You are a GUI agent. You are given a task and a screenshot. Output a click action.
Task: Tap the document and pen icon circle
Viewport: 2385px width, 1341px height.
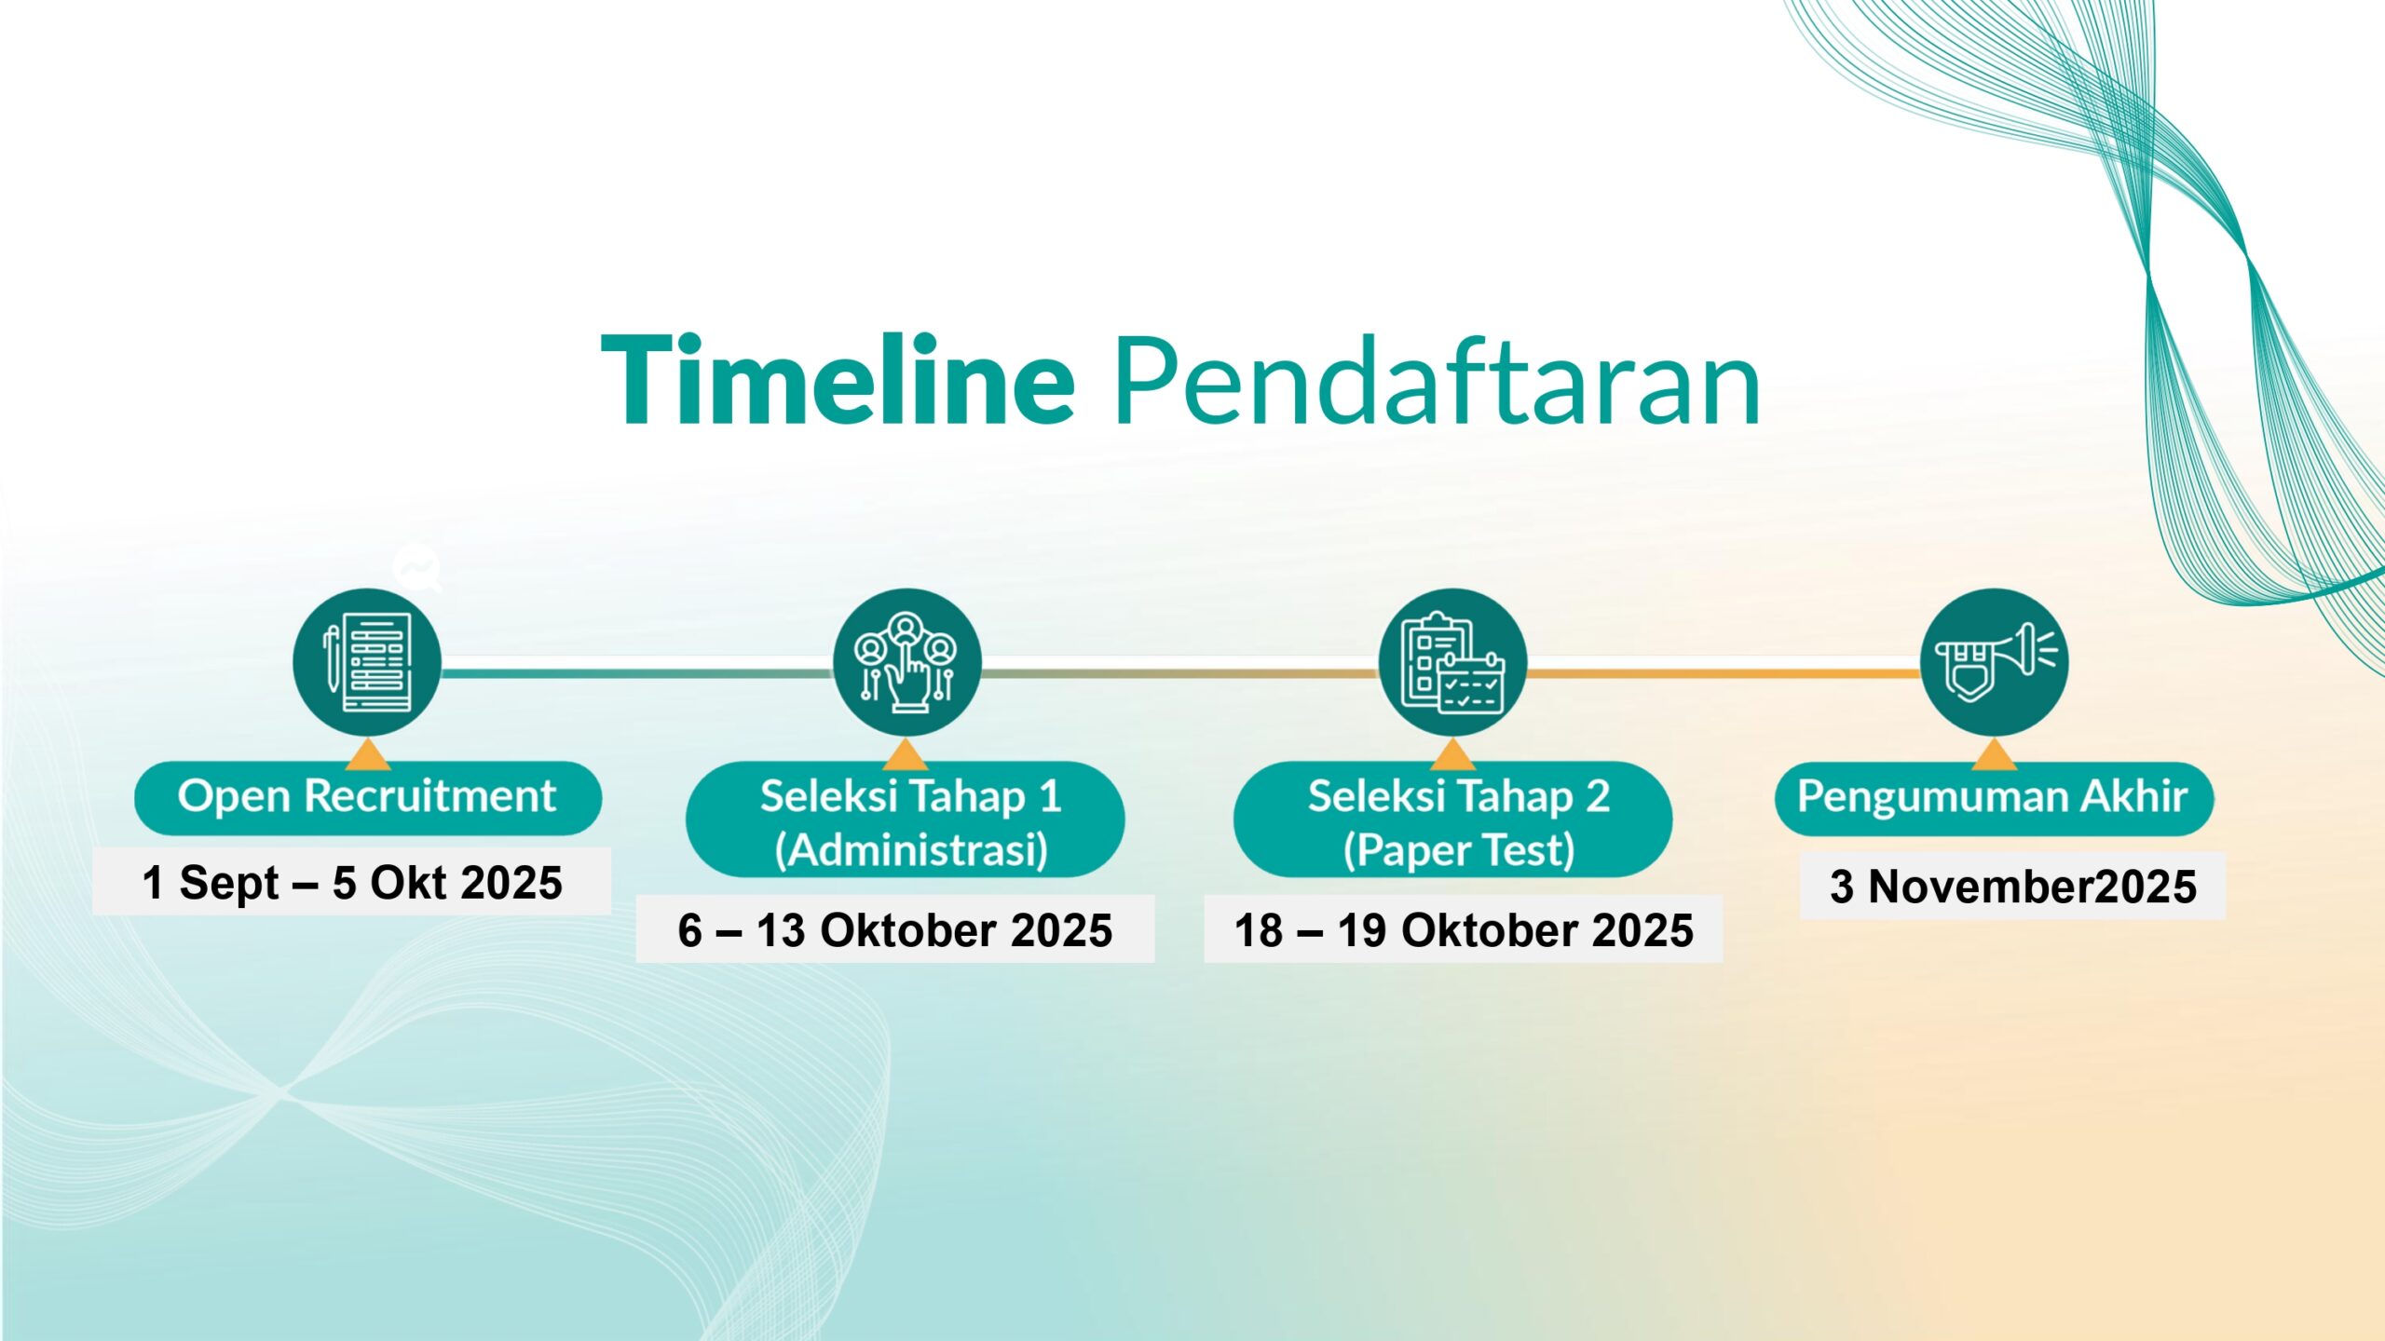pyautogui.click(x=367, y=662)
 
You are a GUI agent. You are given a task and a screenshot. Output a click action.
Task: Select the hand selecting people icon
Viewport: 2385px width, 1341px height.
pyautogui.click(x=906, y=662)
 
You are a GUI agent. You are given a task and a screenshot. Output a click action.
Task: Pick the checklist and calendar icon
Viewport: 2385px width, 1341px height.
pyautogui.click(x=1452, y=662)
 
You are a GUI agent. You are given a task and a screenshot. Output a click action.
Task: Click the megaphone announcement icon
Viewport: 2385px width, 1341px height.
pyautogui.click(x=1995, y=662)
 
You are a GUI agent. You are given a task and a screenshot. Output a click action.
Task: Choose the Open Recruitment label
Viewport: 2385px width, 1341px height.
pyautogui.click(x=368, y=798)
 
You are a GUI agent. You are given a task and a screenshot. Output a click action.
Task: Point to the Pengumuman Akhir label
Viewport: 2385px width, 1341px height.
pyautogui.click(x=1995, y=798)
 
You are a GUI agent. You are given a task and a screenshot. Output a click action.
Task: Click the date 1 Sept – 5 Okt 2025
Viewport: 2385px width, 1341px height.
pyautogui.click(x=352, y=882)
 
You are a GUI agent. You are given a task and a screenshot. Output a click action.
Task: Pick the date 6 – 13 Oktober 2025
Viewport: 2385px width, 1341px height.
pyautogui.click(x=895, y=929)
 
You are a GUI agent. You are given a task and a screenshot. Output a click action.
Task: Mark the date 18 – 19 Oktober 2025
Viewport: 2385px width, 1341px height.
pyautogui.click(x=1464, y=929)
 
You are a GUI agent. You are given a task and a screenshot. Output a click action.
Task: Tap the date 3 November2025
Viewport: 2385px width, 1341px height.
pyautogui.click(x=2013, y=886)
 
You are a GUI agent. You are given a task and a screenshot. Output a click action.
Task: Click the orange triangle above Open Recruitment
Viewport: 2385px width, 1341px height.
pyautogui.click(x=368, y=755)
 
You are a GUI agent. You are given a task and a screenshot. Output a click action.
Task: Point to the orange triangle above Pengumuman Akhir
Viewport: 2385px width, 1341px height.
pyautogui.click(x=1995, y=755)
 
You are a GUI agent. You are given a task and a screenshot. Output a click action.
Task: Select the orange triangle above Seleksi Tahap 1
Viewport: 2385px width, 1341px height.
pyautogui.click(x=906, y=755)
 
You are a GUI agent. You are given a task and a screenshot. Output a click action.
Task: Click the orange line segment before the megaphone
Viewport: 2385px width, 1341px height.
pyautogui.click(x=1724, y=672)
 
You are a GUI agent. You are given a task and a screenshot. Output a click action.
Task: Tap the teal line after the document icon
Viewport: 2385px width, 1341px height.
pyautogui.click(x=636, y=672)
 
